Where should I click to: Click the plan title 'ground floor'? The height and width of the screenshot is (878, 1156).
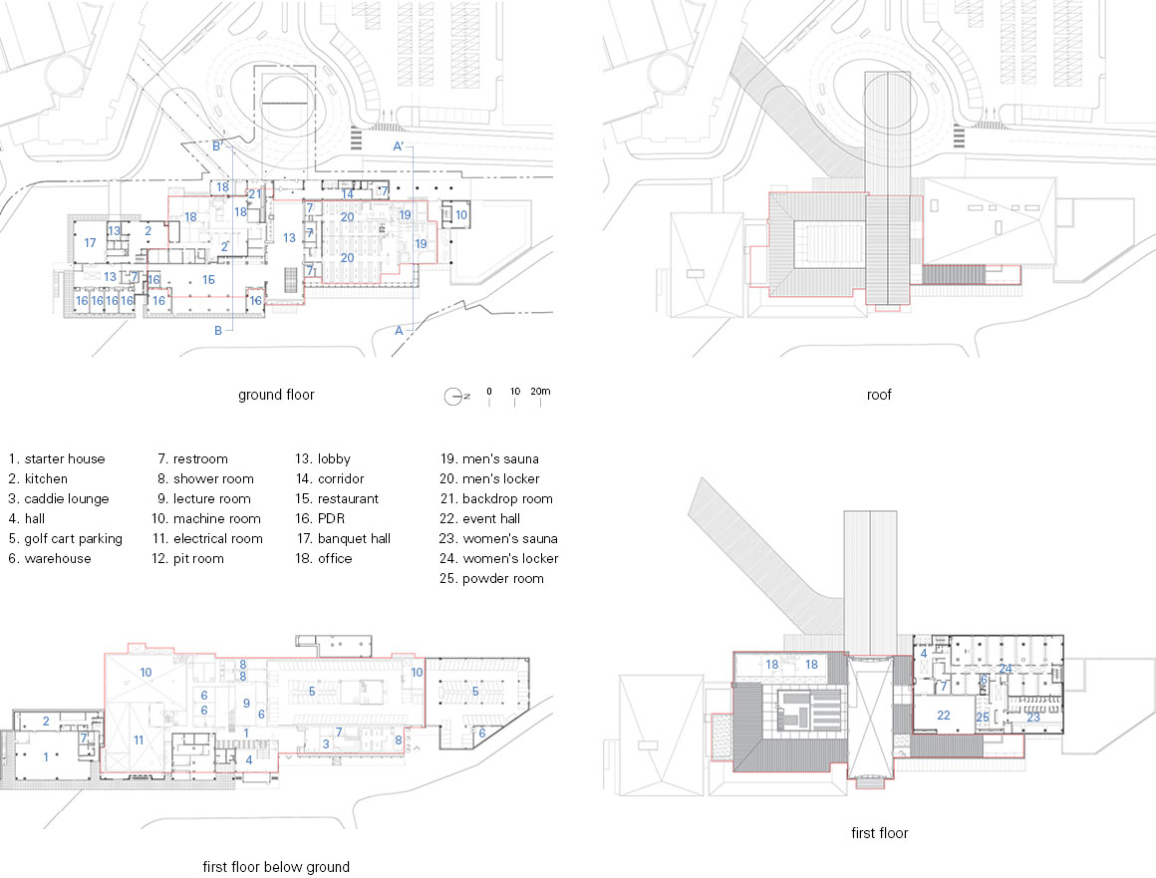tap(276, 395)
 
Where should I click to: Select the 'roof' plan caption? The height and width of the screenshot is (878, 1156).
tap(879, 395)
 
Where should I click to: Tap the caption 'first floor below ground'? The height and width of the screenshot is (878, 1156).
tap(276, 867)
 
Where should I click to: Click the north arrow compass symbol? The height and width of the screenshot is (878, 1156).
tap(454, 397)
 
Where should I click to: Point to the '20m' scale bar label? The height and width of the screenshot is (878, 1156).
tap(540, 392)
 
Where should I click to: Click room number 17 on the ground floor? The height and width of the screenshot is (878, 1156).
tap(90, 242)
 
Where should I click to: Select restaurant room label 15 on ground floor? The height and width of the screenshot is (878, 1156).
tap(208, 279)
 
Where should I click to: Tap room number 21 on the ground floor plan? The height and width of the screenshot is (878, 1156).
tap(254, 194)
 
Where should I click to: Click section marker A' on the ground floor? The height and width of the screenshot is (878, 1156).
tap(399, 146)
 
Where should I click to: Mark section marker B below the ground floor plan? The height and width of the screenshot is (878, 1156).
tap(218, 331)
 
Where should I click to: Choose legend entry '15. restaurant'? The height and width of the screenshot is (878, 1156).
tap(337, 498)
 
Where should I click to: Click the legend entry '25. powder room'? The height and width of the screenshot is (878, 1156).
tap(491, 579)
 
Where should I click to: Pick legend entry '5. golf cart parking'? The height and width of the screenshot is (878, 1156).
tap(66, 539)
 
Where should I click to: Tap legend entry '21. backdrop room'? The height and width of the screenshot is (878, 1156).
tap(496, 498)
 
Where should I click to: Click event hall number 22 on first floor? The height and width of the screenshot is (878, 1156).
tap(944, 716)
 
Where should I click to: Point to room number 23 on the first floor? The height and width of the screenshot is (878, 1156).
tap(1033, 718)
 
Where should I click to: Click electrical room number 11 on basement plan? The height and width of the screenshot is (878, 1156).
tap(139, 740)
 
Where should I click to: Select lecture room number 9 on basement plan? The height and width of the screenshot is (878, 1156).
tap(246, 704)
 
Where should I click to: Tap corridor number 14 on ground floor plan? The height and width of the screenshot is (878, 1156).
tap(347, 194)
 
